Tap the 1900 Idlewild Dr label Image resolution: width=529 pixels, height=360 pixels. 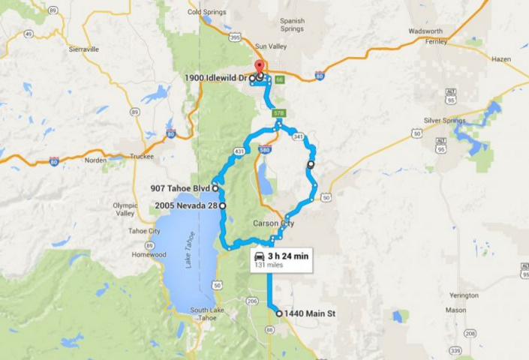pyautogui.click(x=217, y=77)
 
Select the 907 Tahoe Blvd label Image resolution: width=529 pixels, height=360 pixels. pyautogui.click(x=180, y=188)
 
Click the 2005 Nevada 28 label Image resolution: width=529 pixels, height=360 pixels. pyautogui.click(x=186, y=205)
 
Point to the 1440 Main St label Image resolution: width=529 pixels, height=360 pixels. pyautogui.click(x=309, y=313)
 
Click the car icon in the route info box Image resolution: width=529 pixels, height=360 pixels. pyautogui.click(x=259, y=255)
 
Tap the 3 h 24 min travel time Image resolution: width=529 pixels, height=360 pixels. pyautogui.click(x=287, y=255)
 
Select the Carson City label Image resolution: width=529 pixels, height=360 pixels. pyautogui.click(x=273, y=223)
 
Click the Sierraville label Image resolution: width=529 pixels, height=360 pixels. pyautogui.click(x=83, y=49)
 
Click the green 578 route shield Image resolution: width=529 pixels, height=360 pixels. pyautogui.click(x=278, y=112)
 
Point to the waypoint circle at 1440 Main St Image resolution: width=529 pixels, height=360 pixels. pyautogui.click(x=278, y=313)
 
